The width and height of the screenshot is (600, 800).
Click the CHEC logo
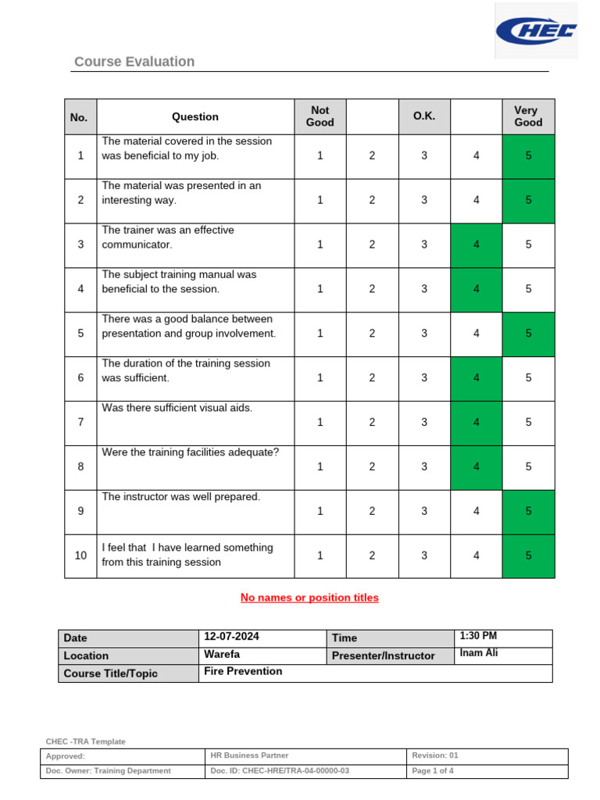[x=537, y=31]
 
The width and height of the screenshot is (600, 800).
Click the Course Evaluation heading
[x=134, y=62]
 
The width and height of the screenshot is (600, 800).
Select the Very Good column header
[x=528, y=117]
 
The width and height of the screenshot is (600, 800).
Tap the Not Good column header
[x=320, y=117]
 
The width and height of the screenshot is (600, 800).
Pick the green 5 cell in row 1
[x=528, y=155]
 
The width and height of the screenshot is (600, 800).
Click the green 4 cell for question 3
[x=477, y=245]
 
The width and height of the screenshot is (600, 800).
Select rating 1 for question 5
[x=320, y=334]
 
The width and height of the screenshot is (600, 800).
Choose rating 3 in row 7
[x=424, y=423]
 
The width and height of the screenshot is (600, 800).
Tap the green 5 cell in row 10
[x=528, y=555]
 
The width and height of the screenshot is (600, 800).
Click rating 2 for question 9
[x=372, y=511]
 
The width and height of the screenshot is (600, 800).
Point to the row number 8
[x=80, y=466]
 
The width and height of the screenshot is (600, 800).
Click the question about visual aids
[x=177, y=408]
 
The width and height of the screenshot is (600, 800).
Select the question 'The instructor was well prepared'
[x=181, y=497]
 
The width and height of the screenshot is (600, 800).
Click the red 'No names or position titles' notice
[x=309, y=598]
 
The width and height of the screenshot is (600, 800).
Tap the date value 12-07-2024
[x=232, y=637]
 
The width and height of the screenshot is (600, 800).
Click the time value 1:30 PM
[x=479, y=636]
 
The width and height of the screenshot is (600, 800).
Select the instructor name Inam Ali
[x=479, y=653]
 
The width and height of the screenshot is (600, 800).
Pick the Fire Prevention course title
[x=243, y=671]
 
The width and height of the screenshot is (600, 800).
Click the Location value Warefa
[x=223, y=655]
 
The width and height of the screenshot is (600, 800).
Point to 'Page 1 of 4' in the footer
[x=433, y=771]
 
